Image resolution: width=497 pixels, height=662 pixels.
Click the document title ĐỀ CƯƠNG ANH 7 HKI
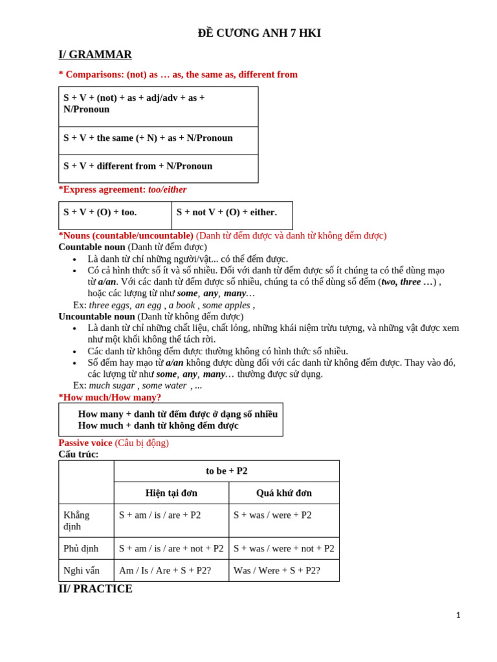point(259,33)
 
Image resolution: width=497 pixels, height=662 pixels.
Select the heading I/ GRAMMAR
point(95,55)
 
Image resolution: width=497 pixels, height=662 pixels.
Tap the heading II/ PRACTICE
point(95,589)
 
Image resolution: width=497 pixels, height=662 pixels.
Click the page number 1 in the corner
point(458,615)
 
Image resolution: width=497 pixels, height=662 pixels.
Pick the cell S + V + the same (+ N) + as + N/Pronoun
point(148,138)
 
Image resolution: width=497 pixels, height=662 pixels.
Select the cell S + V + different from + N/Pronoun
point(138,166)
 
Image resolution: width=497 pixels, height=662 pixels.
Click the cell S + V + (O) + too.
point(100,212)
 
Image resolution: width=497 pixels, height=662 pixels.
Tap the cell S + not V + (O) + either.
point(226,212)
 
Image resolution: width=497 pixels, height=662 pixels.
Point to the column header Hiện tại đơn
point(171,493)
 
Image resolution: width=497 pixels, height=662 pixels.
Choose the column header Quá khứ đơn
point(283,493)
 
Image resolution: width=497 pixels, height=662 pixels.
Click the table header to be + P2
point(226,471)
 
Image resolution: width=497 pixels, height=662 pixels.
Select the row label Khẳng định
point(76,520)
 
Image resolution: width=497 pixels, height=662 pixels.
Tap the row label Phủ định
point(81,548)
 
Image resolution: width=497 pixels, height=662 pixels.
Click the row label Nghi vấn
point(82,570)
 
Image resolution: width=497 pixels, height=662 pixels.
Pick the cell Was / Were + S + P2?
point(277,570)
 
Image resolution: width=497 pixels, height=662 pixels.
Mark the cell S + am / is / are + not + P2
point(171,548)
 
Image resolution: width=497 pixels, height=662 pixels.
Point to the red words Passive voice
point(85,443)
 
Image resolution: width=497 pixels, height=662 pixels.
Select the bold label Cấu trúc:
point(78,454)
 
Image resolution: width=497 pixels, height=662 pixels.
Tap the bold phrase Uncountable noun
point(96,316)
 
